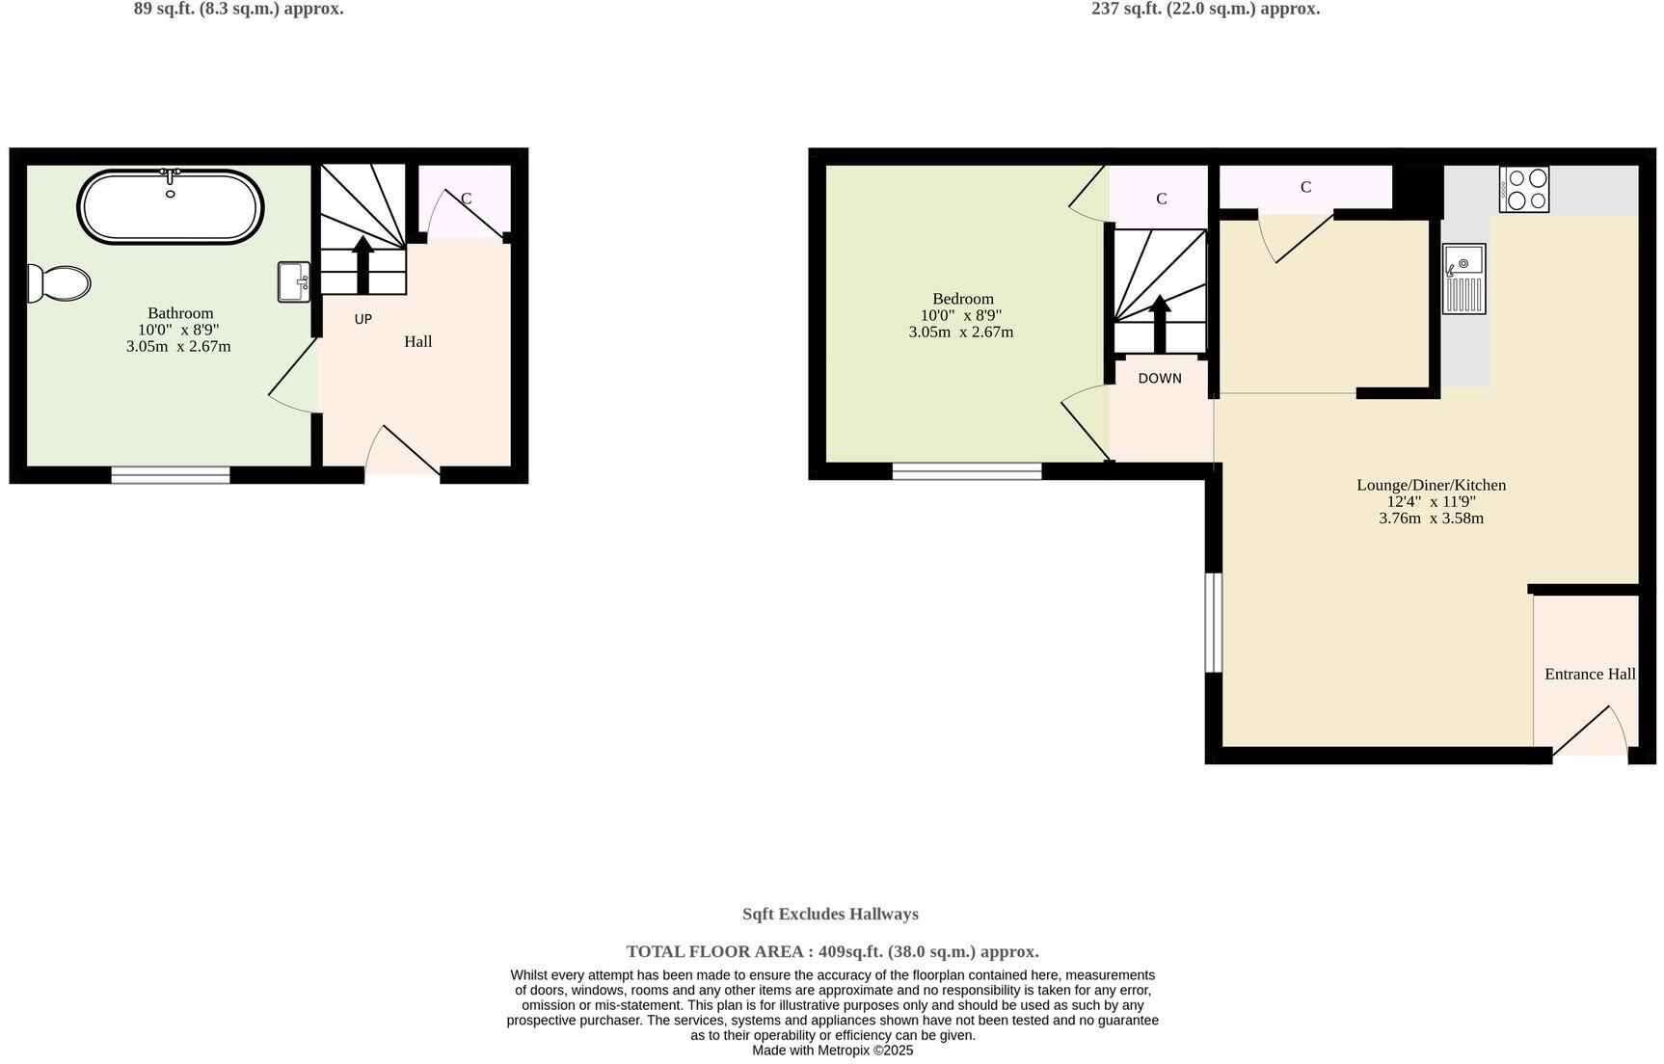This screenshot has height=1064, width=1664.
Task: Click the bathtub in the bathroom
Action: [x=170, y=207]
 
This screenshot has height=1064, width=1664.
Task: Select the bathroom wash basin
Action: [x=293, y=281]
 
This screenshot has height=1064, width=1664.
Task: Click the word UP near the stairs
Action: [x=362, y=319]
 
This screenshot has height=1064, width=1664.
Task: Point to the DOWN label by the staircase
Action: [x=1159, y=379]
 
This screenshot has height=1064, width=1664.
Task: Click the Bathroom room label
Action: [x=180, y=313]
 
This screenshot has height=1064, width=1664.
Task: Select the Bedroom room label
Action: [x=962, y=299]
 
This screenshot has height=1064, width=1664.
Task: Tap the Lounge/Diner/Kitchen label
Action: [x=1431, y=485]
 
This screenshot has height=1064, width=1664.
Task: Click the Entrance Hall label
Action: [x=1589, y=674]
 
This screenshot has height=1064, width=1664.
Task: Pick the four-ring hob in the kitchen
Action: [x=1524, y=189]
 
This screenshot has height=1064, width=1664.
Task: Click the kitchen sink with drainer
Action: [x=1463, y=279]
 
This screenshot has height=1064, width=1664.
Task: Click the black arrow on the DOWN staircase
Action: [x=1160, y=323]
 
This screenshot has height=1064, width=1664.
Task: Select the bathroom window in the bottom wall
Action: [x=170, y=474]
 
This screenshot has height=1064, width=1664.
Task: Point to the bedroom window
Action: [x=966, y=471]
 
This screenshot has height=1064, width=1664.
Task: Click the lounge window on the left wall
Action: [x=1214, y=623]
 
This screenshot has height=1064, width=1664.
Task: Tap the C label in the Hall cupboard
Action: [x=466, y=199]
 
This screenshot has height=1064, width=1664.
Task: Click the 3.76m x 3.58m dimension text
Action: [x=1431, y=519]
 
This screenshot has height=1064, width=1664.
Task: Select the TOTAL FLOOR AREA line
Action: [x=832, y=951]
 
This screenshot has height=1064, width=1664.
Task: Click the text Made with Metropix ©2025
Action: [x=832, y=1051]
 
